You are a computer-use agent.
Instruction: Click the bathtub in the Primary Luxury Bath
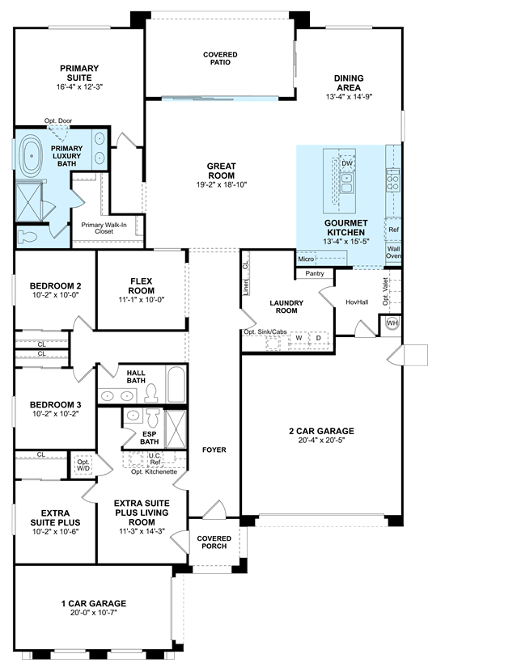(x=32, y=156)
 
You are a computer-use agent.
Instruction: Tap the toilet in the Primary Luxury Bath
(x=28, y=236)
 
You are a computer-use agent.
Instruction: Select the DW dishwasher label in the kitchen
(x=347, y=163)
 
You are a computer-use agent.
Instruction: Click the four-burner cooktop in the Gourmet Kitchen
(x=392, y=180)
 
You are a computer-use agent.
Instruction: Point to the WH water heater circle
(x=392, y=323)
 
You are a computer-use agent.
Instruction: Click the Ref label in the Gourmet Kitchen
(x=393, y=230)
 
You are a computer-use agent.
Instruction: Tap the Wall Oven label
(x=394, y=252)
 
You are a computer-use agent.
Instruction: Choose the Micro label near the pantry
(x=306, y=259)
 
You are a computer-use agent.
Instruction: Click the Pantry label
(x=315, y=273)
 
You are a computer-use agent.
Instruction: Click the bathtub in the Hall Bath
(x=176, y=384)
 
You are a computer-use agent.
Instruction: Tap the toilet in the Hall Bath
(x=150, y=393)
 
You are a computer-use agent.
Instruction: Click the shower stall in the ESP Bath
(x=176, y=429)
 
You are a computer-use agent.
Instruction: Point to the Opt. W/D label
(x=83, y=465)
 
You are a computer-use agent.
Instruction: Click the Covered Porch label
(x=214, y=542)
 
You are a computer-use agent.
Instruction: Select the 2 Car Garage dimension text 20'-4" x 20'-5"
(x=321, y=440)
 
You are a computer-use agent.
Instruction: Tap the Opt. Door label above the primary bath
(x=58, y=121)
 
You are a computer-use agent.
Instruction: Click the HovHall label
(x=357, y=302)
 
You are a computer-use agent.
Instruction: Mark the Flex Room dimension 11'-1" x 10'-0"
(x=142, y=300)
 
